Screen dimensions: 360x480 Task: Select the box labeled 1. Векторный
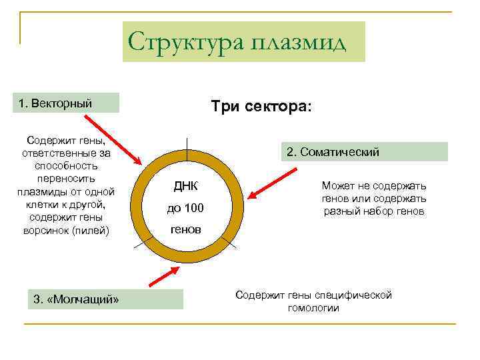[x=68, y=103]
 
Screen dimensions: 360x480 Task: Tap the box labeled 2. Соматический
[x=363, y=152]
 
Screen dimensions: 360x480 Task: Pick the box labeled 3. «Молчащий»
[x=105, y=299]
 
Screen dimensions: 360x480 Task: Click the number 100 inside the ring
[x=194, y=209]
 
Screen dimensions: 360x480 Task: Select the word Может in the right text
[x=336, y=186]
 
